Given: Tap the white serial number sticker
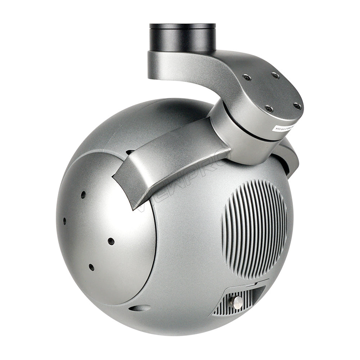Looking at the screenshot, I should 284,128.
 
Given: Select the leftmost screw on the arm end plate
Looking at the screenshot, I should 246,77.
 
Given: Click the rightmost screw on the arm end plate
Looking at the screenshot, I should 297,106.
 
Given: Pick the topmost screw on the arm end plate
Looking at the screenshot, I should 275,76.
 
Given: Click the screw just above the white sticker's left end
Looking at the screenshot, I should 269,109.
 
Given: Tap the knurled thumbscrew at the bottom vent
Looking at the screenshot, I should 236,302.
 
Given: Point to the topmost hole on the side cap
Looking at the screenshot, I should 83,195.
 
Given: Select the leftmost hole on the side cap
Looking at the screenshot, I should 65,221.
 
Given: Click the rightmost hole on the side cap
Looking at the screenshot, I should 111,241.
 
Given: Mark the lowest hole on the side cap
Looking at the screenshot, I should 91,267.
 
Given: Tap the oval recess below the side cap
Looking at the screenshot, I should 140,308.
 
